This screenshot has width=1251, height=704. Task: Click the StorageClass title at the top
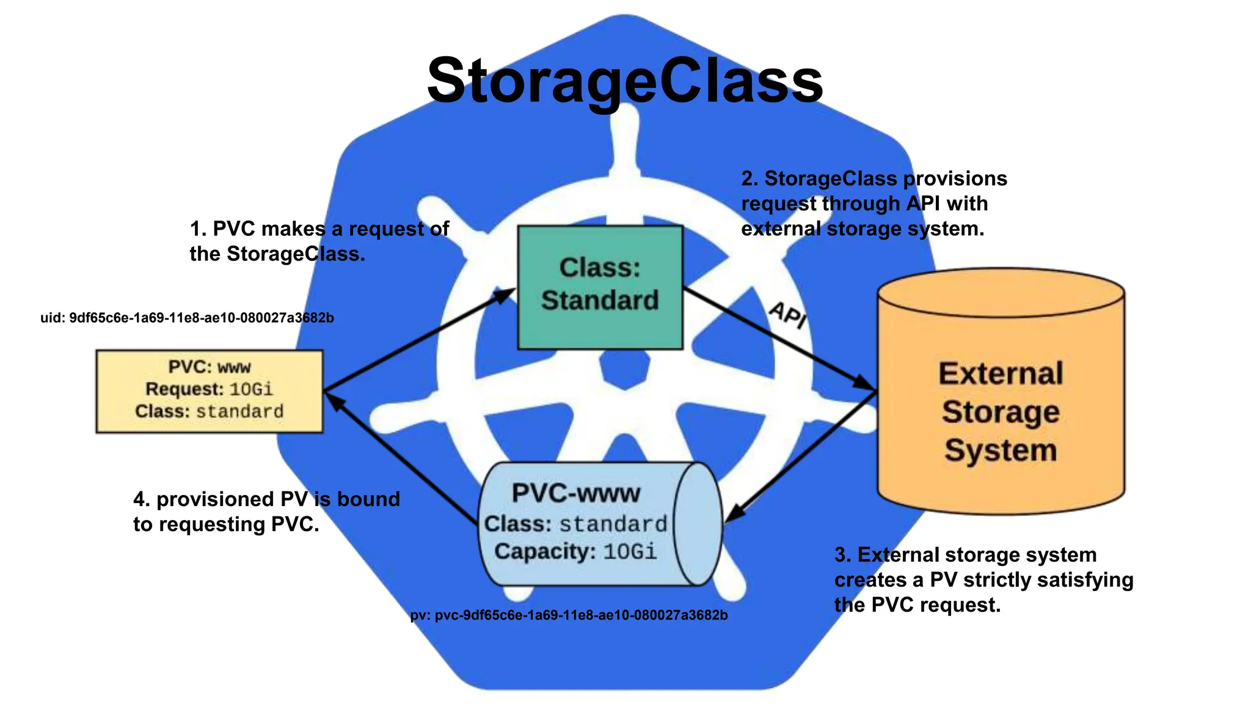tap(624, 81)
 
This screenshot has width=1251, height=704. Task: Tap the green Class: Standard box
tap(600, 287)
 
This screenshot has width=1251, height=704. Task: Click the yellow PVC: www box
tap(209, 391)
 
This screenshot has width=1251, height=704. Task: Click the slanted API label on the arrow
tap(788, 314)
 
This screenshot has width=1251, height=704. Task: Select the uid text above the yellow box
tap(187, 318)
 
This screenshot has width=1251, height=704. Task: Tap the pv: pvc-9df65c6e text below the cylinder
tap(569, 615)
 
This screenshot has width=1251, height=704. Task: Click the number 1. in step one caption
tap(198, 229)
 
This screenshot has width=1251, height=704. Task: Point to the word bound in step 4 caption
tap(368, 499)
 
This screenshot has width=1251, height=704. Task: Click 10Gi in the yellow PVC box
tap(251, 389)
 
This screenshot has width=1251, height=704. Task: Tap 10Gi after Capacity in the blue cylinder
tap(630, 552)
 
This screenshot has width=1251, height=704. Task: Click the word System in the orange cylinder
tap(1001, 450)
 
